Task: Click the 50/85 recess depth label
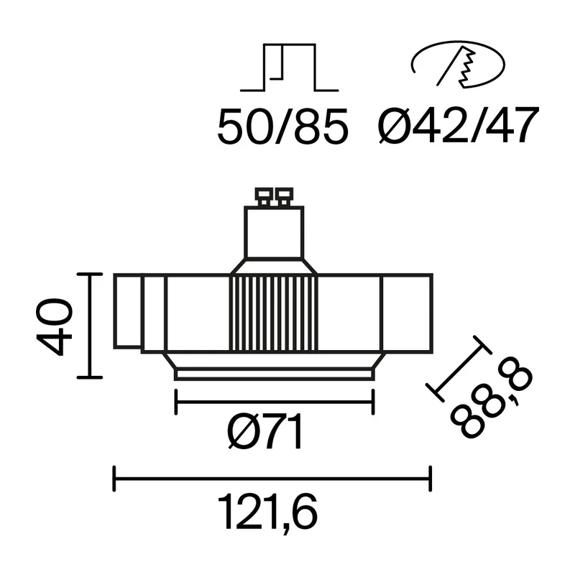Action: [x=282, y=126]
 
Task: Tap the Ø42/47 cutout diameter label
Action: [x=459, y=125]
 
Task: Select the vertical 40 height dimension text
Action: [x=55, y=327]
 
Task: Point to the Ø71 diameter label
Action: [x=264, y=431]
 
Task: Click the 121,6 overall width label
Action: [x=267, y=512]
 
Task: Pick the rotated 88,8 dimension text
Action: [x=491, y=402]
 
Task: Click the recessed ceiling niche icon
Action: [x=290, y=67]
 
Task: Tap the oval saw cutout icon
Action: [x=458, y=64]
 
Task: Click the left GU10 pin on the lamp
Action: [x=264, y=196]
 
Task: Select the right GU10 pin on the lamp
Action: [x=284, y=196]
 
